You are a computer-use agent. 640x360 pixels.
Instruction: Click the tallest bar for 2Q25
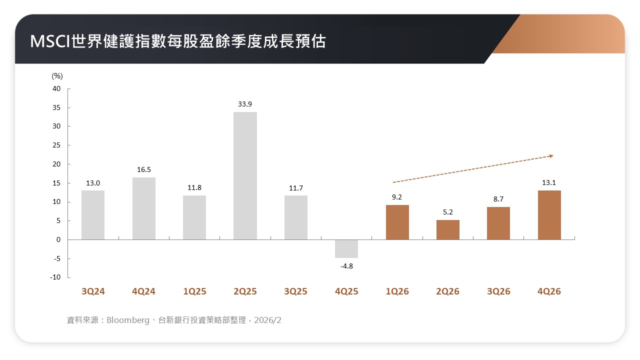point(245,175)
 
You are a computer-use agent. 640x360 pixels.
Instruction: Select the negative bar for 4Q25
point(346,249)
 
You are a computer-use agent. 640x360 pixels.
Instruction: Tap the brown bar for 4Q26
point(549,215)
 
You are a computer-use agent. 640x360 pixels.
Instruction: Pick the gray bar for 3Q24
point(93,215)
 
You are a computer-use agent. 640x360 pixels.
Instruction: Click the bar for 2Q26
point(448,230)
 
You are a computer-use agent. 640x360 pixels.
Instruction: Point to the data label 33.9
point(245,104)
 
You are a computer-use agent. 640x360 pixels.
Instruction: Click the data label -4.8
point(346,266)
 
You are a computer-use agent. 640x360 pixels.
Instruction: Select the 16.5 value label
point(144,170)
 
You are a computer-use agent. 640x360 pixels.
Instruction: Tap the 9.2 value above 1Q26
point(397,197)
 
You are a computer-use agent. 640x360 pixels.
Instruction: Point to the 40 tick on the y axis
point(56,89)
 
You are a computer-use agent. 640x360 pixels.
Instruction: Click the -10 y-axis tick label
point(55,277)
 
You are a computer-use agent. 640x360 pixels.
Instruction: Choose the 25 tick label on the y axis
point(56,145)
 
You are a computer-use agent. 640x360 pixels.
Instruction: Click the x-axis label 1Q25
point(194,291)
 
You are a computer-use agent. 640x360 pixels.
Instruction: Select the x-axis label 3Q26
point(498,291)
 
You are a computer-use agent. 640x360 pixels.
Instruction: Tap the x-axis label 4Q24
point(144,291)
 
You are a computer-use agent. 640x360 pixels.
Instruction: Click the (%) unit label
point(57,76)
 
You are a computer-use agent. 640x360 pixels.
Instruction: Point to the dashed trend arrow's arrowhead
point(551,156)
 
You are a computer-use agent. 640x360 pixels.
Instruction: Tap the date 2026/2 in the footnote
point(267,320)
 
